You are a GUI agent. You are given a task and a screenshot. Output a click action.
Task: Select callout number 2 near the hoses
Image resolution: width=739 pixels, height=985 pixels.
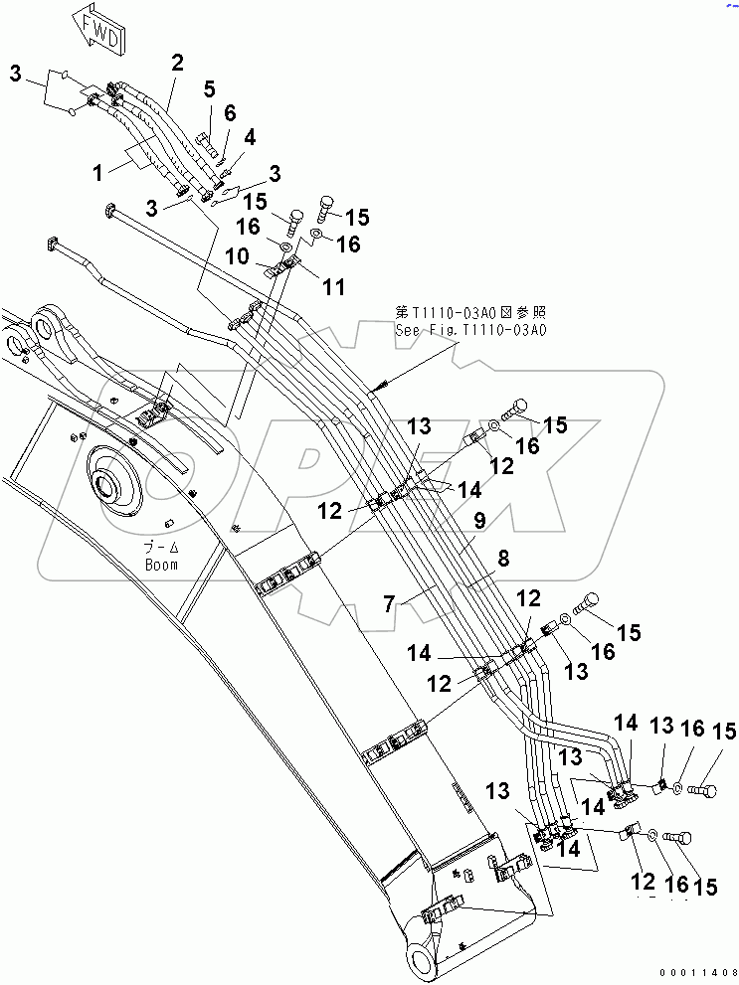[x=177, y=63]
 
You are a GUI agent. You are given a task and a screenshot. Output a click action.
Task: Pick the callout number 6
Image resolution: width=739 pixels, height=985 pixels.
[x=230, y=114]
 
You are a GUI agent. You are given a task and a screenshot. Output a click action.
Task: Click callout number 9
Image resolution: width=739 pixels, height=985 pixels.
[x=479, y=518]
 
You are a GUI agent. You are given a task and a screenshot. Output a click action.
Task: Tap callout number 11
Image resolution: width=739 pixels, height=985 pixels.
[x=333, y=286]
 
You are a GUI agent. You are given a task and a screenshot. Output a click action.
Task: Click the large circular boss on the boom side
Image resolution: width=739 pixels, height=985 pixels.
[x=111, y=486]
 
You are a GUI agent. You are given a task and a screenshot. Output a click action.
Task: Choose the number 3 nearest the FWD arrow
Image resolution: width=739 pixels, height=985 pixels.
[x=16, y=73]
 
